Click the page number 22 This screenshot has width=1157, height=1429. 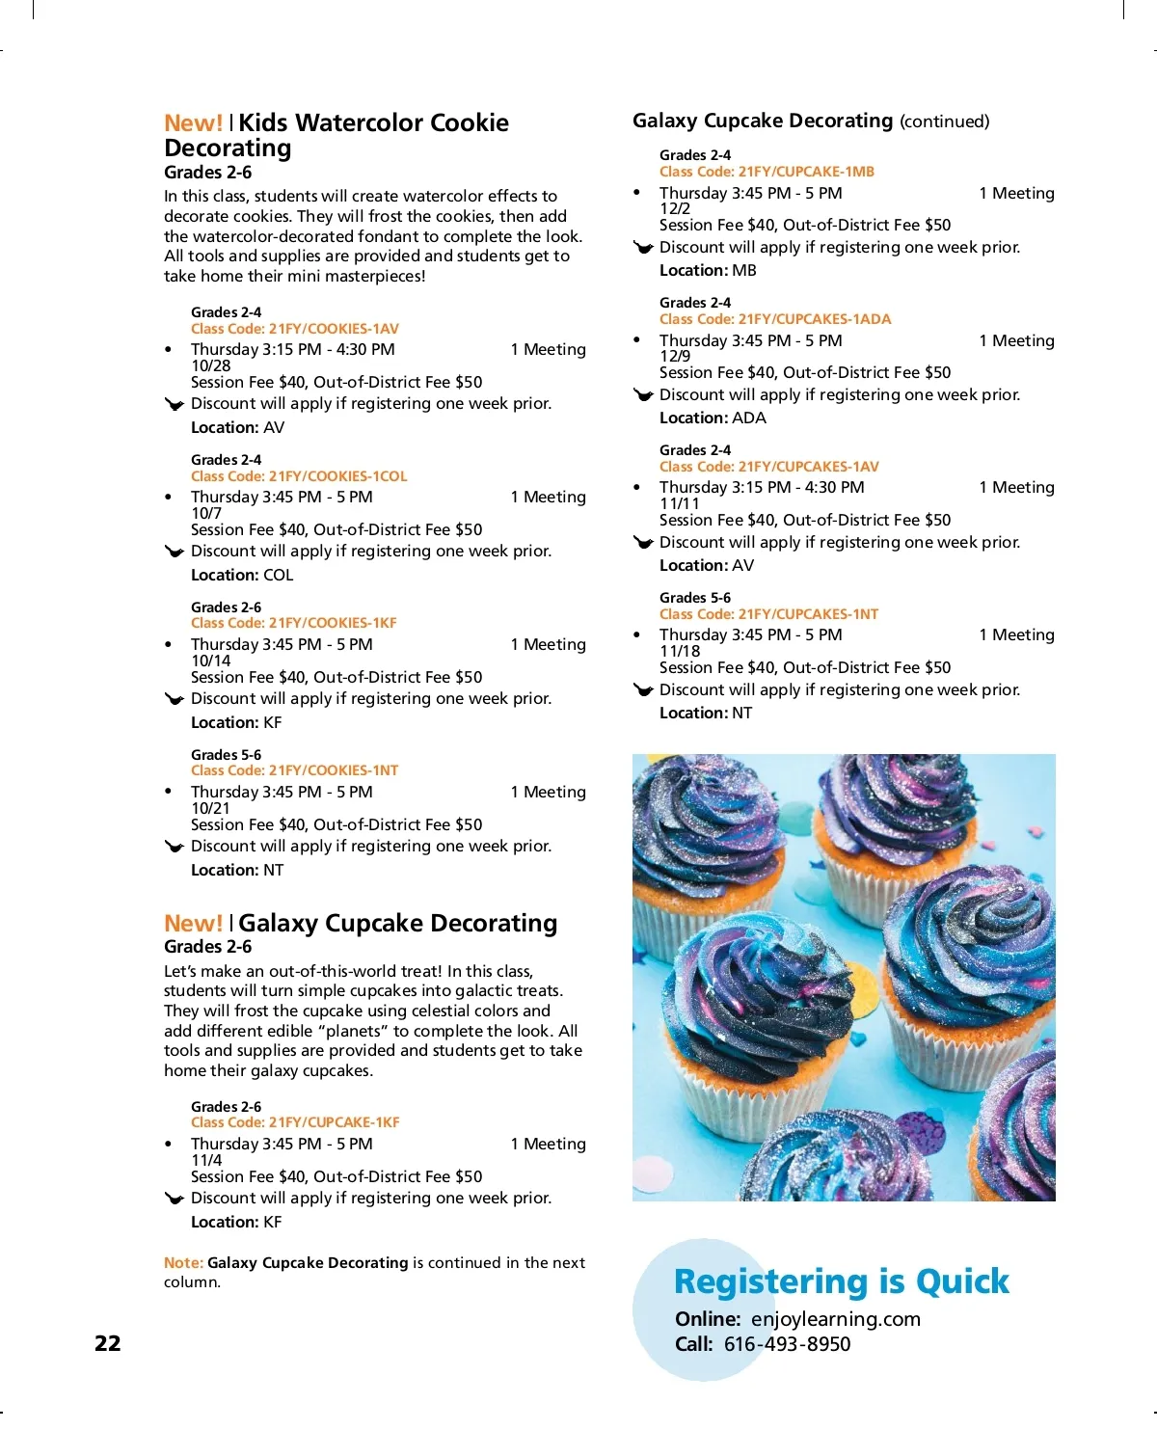[108, 1343]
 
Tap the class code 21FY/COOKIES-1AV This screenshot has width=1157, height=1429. [294, 329]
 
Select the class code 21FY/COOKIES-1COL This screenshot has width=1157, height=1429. [299, 476]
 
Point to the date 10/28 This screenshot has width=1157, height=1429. [210, 365]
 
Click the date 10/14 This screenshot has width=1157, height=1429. [210, 661]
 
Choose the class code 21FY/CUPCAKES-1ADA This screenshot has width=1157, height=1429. [775, 319]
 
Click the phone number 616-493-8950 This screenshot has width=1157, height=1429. [787, 1344]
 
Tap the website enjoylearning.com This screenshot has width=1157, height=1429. [835, 1319]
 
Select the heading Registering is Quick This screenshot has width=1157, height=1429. [841, 1281]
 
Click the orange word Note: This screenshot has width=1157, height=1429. [183, 1263]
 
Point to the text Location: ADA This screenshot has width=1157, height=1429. [713, 418]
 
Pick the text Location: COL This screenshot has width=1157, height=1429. [242, 576]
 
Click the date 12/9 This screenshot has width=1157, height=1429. [675, 356]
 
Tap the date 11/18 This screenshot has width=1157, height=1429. [680, 651]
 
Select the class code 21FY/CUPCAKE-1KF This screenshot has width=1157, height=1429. [295, 1122]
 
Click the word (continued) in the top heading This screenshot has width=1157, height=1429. [944, 121]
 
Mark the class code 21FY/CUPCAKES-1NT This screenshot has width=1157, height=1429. [768, 614]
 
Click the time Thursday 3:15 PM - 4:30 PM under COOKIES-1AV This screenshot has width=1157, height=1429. [293, 349]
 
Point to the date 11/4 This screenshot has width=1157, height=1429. [206, 1160]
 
